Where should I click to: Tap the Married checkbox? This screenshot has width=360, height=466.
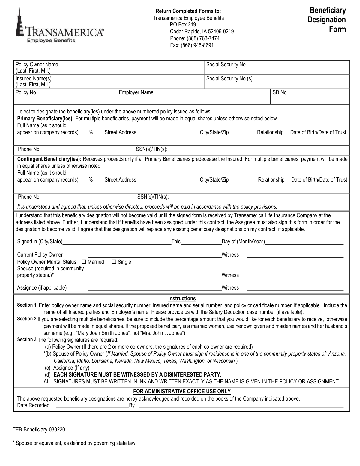pos(84,262)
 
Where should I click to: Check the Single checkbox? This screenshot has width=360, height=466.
pos(114,262)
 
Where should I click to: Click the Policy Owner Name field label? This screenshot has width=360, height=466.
pos(37,65)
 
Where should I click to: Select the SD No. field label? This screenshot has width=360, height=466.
pos(280,92)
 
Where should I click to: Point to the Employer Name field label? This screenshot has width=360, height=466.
pos(136,92)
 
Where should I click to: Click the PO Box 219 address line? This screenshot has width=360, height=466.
pos(183,25)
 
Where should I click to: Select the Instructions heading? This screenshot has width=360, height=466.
pos(182,299)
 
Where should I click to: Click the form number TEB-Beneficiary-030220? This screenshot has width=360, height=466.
pos(39,430)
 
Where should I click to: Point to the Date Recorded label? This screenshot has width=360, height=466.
pos(33,405)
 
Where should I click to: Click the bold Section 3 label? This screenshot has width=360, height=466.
pos(27,340)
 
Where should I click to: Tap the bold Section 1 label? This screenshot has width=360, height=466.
pos(27,305)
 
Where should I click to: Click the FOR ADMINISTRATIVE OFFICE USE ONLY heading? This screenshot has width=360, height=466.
pos(182,392)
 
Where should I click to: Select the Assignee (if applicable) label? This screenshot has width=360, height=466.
pos(42,288)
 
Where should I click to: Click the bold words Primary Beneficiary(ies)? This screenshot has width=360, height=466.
pos(46,118)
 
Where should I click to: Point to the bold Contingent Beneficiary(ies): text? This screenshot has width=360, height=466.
pos(49,159)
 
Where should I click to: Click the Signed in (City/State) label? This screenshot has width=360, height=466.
pos(40,242)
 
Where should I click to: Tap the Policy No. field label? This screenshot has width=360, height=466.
pos(26,92)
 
